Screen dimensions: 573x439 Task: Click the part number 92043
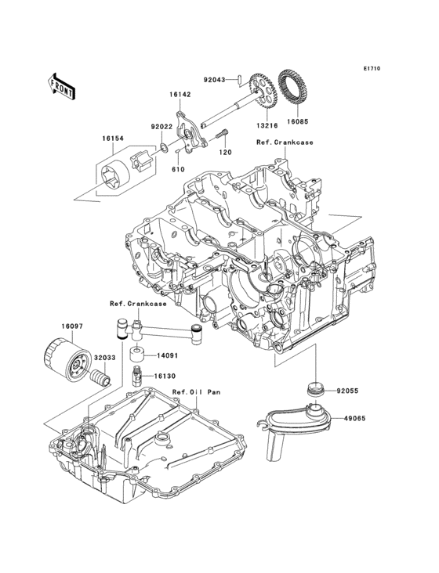pyautogui.click(x=214, y=79)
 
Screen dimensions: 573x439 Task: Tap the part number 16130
pyautogui.click(x=164, y=376)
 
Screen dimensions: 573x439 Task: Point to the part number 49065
pyautogui.click(x=353, y=418)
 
